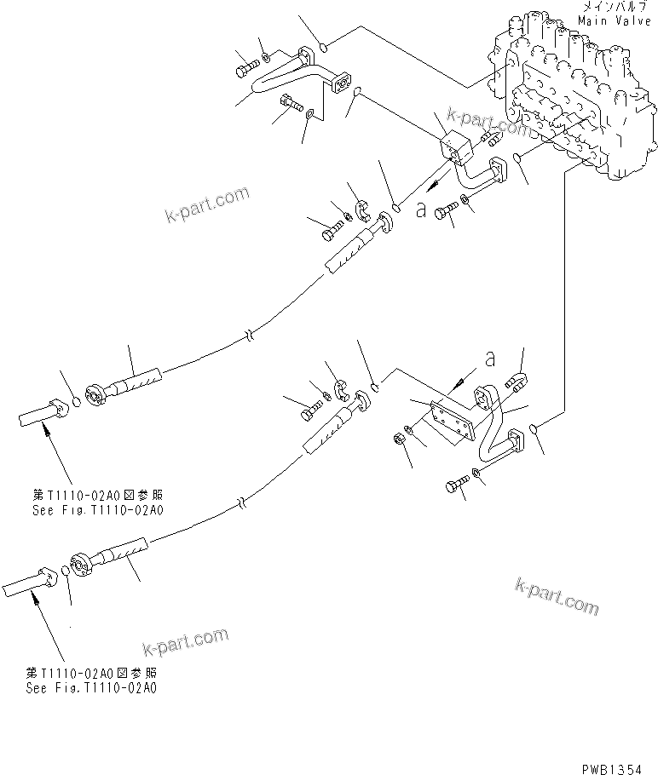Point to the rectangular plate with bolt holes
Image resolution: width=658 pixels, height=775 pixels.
(450, 422)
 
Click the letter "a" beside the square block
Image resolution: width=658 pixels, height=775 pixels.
(421, 210)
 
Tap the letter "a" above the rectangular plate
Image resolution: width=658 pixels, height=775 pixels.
(489, 360)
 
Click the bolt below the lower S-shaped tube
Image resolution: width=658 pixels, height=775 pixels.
(455, 486)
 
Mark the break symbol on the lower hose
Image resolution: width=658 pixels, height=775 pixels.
(243, 503)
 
